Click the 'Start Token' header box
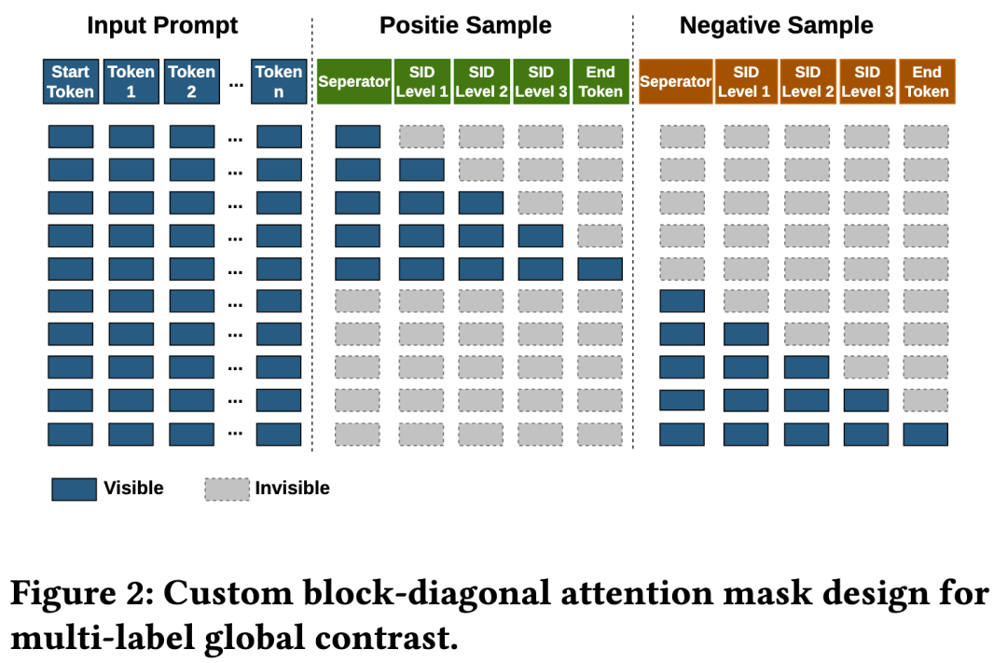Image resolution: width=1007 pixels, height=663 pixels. [x=71, y=81]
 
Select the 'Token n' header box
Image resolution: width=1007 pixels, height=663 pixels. [x=279, y=81]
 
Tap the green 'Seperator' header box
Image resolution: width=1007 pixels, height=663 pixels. [x=354, y=81]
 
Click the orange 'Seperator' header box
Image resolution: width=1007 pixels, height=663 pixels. [x=676, y=81]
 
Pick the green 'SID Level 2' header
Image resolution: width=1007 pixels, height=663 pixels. [x=482, y=81]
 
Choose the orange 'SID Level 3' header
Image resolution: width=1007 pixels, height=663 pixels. [x=868, y=81]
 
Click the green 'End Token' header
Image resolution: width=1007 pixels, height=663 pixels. [x=600, y=81]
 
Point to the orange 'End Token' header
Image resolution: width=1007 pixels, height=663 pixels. [x=927, y=81]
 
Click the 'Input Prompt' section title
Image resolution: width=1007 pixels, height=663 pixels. [x=162, y=26]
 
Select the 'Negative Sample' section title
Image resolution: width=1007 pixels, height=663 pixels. [x=777, y=26]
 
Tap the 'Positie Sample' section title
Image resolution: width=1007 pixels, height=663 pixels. [x=465, y=26]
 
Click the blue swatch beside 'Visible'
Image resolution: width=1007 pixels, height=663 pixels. [x=74, y=489]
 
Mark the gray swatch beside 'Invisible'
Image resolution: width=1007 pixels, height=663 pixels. [x=228, y=489]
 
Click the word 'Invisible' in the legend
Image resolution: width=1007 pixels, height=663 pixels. [x=292, y=489]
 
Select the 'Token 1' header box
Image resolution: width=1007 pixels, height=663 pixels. [x=131, y=81]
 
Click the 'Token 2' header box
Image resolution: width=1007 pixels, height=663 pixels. [x=191, y=81]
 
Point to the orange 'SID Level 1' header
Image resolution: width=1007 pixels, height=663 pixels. [x=746, y=81]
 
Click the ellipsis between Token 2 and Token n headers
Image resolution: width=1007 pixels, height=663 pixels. [x=236, y=84]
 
